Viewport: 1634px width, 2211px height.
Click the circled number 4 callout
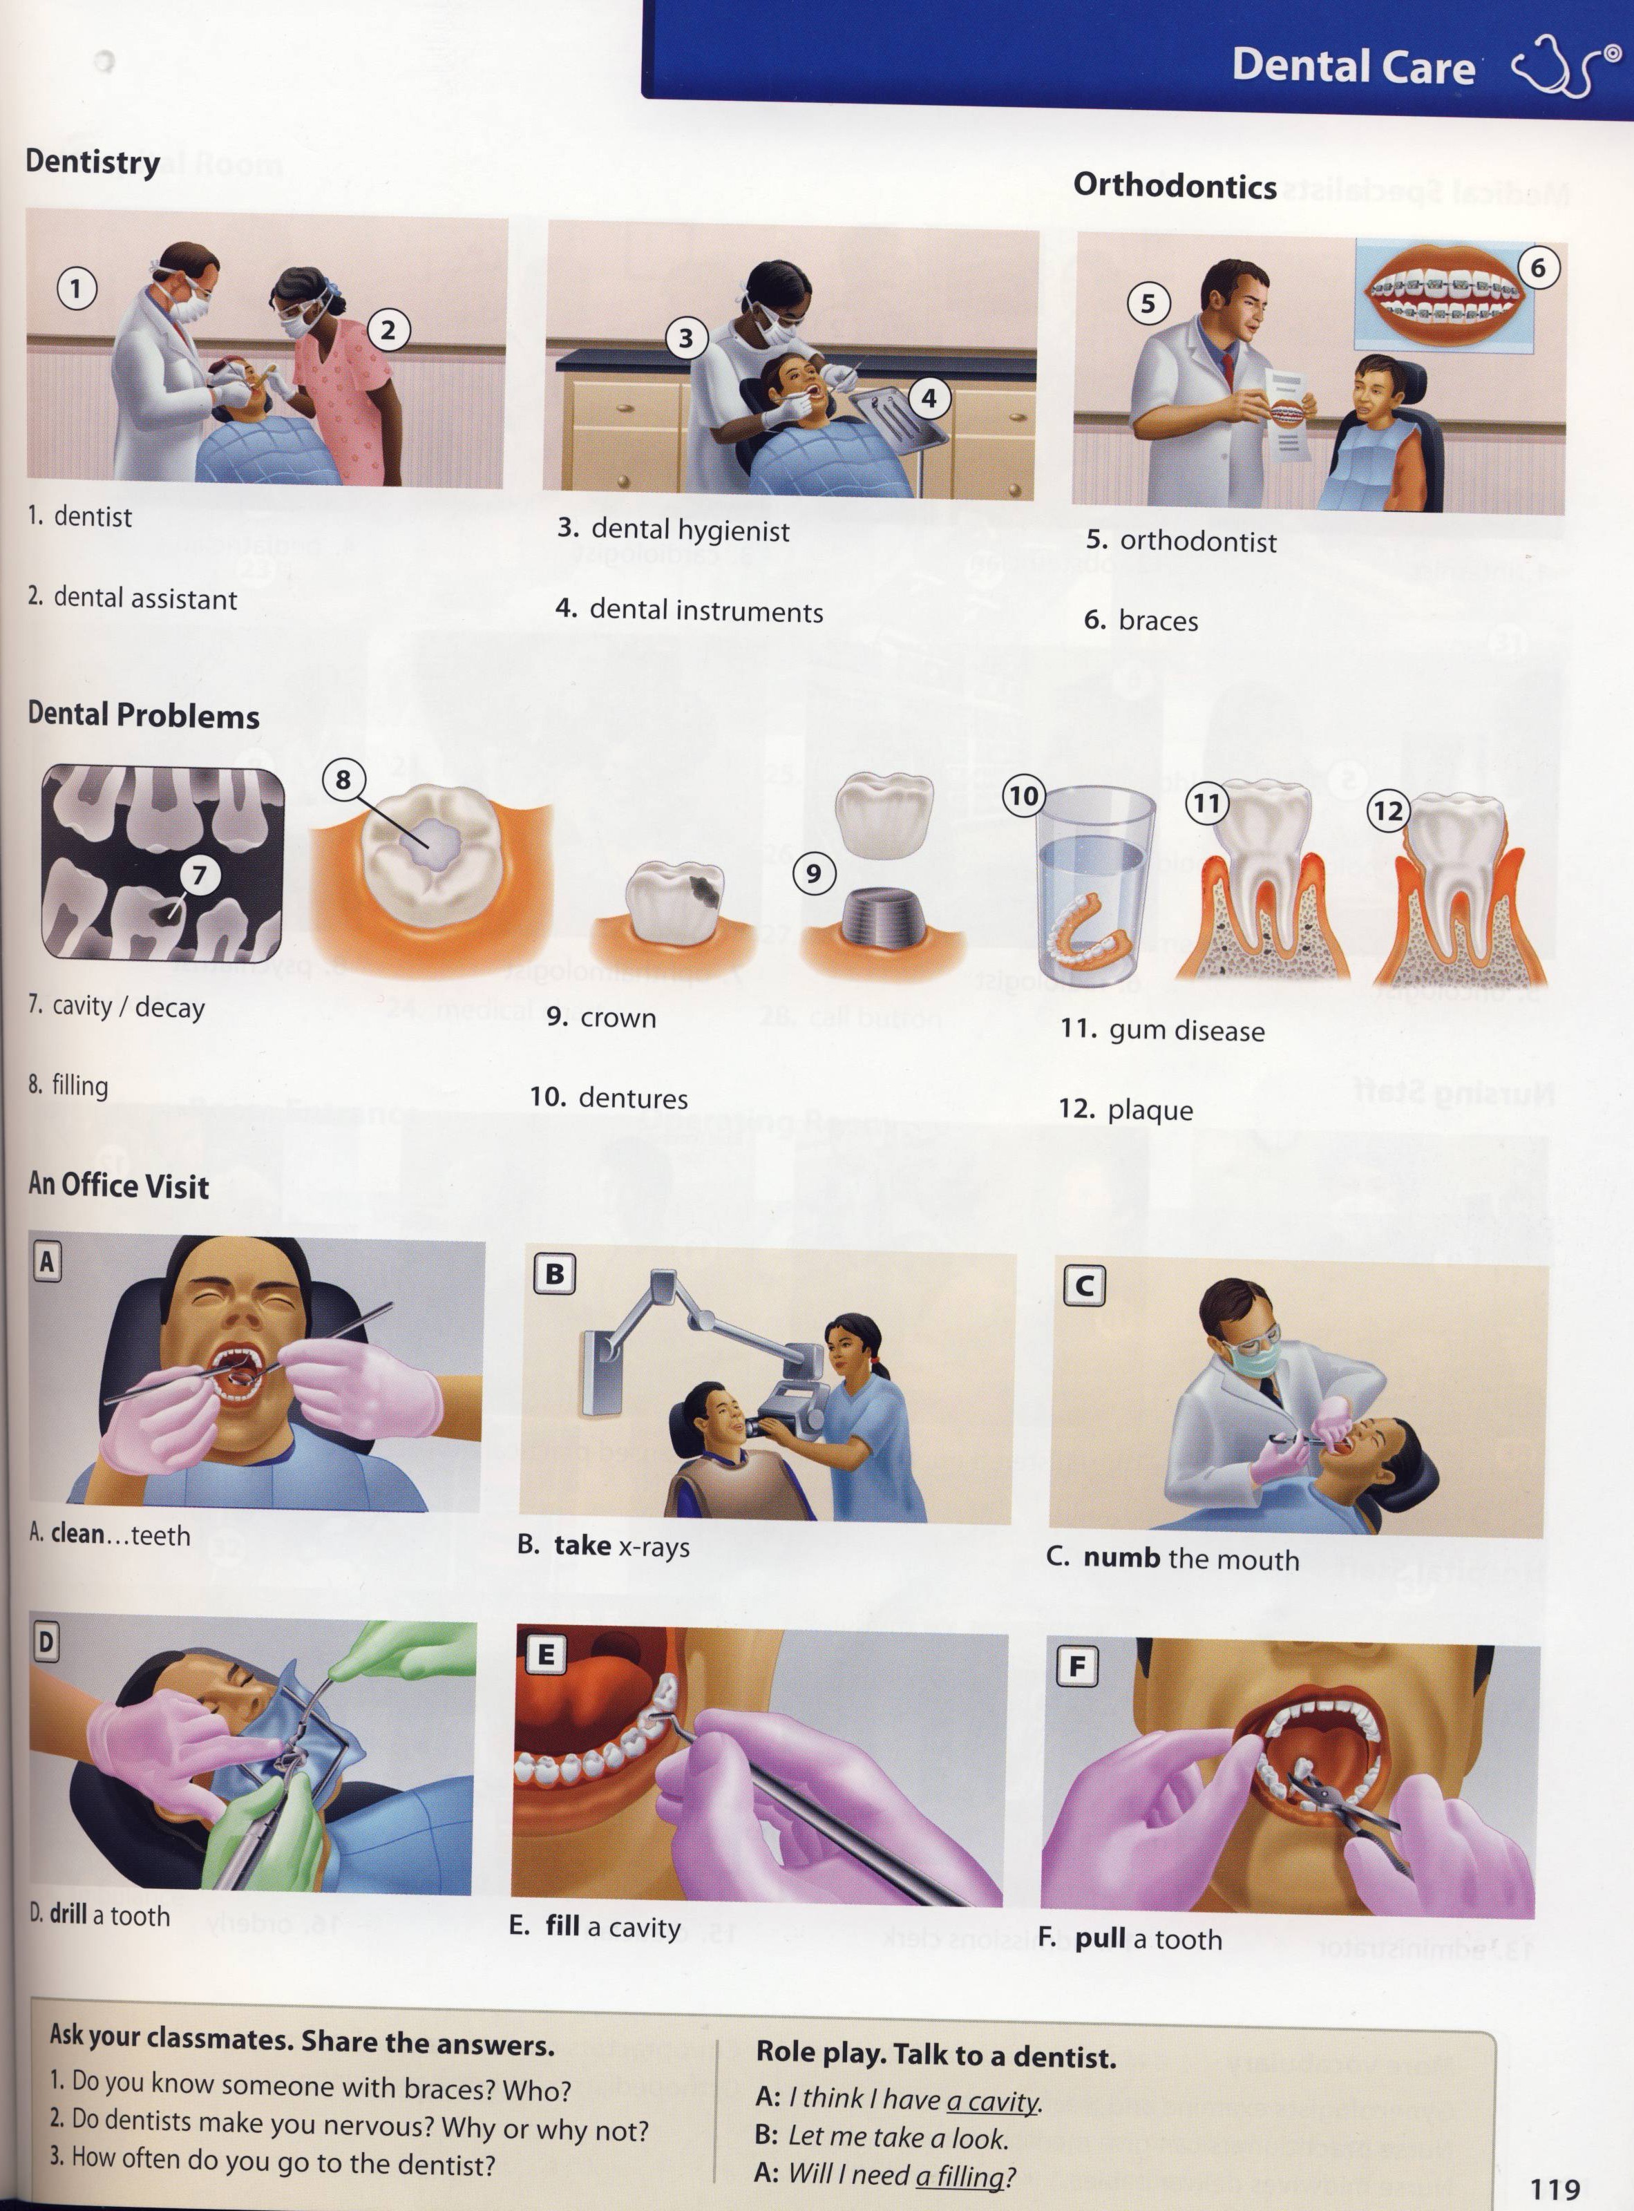pyautogui.click(x=929, y=399)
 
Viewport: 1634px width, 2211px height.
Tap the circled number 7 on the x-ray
pyautogui.click(x=200, y=875)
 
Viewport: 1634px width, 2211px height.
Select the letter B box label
pyautogui.click(x=555, y=1273)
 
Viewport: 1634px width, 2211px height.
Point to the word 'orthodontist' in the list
pyautogui.click(x=1198, y=541)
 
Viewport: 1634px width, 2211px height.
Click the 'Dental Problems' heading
pyautogui.click(x=144, y=714)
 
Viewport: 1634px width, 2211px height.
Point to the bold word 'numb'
pyautogui.click(x=1121, y=1557)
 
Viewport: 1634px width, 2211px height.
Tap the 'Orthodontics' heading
pyautogui.click(x=1175, y=185)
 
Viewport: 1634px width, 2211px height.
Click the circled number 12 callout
pyautogui.click(x=1388, y=811)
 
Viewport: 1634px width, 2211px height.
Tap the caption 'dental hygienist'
pyautogui.click(x=690, y=530)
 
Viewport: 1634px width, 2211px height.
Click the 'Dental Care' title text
pyautogui.click(x=1353, y=65)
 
